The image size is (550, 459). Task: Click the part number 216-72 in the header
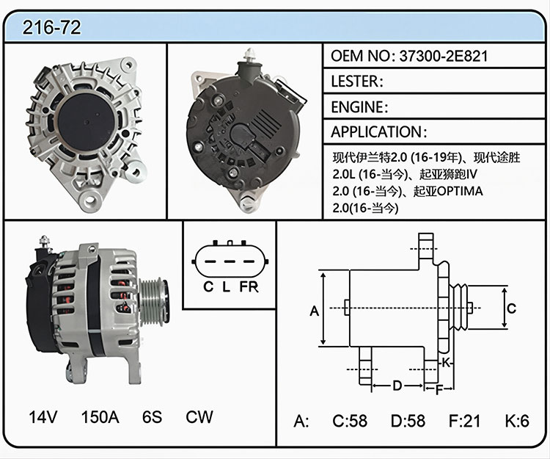pos(51,27)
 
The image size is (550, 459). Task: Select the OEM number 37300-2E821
pos(444,57)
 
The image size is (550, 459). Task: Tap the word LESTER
pos(355,82)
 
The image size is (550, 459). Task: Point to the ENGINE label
pos(357,106)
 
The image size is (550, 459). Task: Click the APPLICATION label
pos(376,132)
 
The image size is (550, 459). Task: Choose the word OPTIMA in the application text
pos(460,191)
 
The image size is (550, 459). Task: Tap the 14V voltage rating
pos(43,417)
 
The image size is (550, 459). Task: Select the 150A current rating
pos(100,417)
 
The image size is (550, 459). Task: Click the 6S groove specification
pos(153,417)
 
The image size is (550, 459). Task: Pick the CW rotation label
pos(199,417)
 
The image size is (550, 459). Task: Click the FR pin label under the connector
pos(249,287)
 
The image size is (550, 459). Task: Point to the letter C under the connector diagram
pos(208,287)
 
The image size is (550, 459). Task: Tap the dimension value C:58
pos(350,421)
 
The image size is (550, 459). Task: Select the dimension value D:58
pos(408,421)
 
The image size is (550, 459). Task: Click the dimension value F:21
pos(464,421)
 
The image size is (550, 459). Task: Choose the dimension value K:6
pos(517,421)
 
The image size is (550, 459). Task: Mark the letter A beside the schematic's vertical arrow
pos(315,311)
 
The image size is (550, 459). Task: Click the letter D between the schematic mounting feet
pos(397,386)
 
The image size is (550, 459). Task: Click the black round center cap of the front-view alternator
pos(87,122)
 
